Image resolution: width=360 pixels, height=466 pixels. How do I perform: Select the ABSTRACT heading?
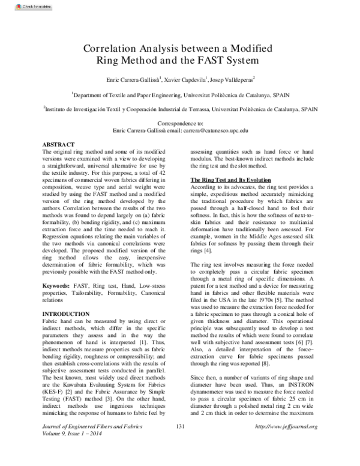click(58, 145)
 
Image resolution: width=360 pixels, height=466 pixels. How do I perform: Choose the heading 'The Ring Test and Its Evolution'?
click(231, 180)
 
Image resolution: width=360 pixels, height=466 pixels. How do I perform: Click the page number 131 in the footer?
click(179, 444)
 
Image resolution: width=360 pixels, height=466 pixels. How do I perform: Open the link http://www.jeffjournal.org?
click(286, 444)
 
